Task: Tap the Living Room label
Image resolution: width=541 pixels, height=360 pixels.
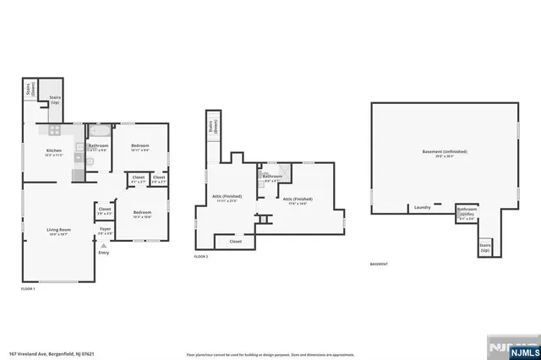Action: click(57, 231)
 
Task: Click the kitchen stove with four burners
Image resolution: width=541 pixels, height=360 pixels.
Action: click(54, 130)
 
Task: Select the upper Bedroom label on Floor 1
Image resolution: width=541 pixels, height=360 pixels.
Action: click(140, 147)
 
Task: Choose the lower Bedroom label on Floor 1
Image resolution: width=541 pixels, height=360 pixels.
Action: click(142, 212)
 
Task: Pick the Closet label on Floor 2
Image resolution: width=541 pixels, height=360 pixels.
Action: click(235, 241)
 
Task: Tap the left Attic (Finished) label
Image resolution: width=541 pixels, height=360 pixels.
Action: click(227, 198)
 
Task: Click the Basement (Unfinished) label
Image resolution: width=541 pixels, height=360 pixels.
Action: click(445, 152)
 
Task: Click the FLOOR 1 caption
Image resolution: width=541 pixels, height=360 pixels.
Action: click(29, 289)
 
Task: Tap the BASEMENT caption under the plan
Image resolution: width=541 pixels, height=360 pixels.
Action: click(380, 265)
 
